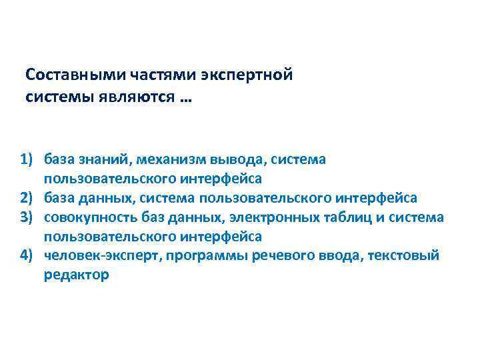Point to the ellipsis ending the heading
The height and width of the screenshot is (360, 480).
pos(182,99)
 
